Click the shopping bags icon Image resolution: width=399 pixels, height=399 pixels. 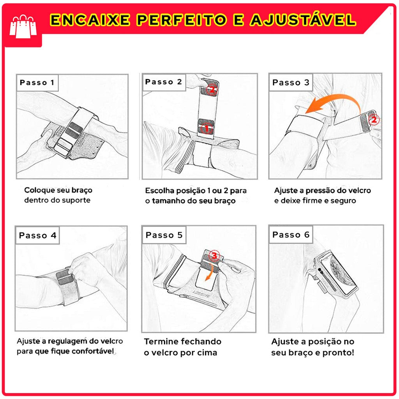tap(23, 26)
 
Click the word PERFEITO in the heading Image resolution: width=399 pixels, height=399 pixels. tap(182, 20)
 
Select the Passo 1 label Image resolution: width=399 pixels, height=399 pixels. tap(37, 83)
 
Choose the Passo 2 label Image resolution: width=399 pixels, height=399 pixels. tap(163, 82)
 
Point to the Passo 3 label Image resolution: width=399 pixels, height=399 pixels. tap(291, 83)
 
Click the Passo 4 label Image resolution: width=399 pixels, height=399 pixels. tap(37, 235)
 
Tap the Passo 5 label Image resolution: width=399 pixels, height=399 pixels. tap(164, 235)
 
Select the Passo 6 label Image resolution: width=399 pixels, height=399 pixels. tap(291, 234)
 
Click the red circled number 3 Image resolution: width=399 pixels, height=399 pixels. tap(214, 255)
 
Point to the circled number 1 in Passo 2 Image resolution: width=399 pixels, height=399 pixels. tap(207, 128)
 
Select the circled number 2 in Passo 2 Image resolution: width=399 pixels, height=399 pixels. tap(212, 89)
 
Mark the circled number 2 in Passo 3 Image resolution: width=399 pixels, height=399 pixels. tap(374, 119)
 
